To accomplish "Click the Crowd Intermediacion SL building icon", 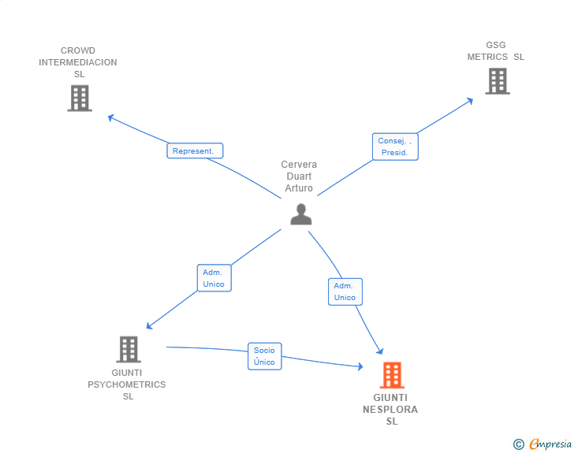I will (x=80, y=98).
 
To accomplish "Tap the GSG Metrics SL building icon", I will (x=497, y=81).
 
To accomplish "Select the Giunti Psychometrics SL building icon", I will (x=128, y=349).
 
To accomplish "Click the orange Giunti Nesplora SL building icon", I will (x=392, y=376).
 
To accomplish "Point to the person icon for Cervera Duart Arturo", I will (x=300, y=214).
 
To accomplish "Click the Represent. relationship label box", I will (x=195, y=150).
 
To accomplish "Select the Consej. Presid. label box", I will (x=394, y=147).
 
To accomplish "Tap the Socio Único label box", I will (x=264, y=356).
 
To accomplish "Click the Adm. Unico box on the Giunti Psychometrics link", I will (x=214, y=278).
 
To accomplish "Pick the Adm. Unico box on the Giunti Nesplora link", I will (x=345, y=291).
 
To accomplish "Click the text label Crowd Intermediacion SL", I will (x=78, y=62).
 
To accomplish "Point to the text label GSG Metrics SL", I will (x=495, y=51).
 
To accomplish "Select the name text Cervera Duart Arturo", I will (x=299, y=176).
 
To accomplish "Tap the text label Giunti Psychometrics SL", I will (x=127, y=384).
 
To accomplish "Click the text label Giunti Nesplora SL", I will (x=391, y=410).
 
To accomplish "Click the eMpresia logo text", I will (x=550, y=444).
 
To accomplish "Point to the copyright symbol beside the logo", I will (x=518, y=444).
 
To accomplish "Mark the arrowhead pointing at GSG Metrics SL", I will (x=470, y=100).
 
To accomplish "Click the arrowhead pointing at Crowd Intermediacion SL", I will (x=111, y=117).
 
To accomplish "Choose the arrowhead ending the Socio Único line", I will (x=360, y=366).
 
